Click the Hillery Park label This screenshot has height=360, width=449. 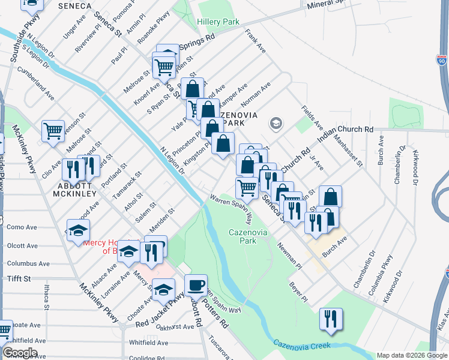pyautogui.click(x=218, y=22)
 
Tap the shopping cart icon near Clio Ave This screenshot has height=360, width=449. pyautogui.click(x=53, y=130)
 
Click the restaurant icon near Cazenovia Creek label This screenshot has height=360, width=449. pyautogui.click(x=330, y=319)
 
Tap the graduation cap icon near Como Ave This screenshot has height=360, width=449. pyautogui.click(x=78, y=230)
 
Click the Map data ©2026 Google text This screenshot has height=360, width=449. pyautogui.click(x=412, y=355)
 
